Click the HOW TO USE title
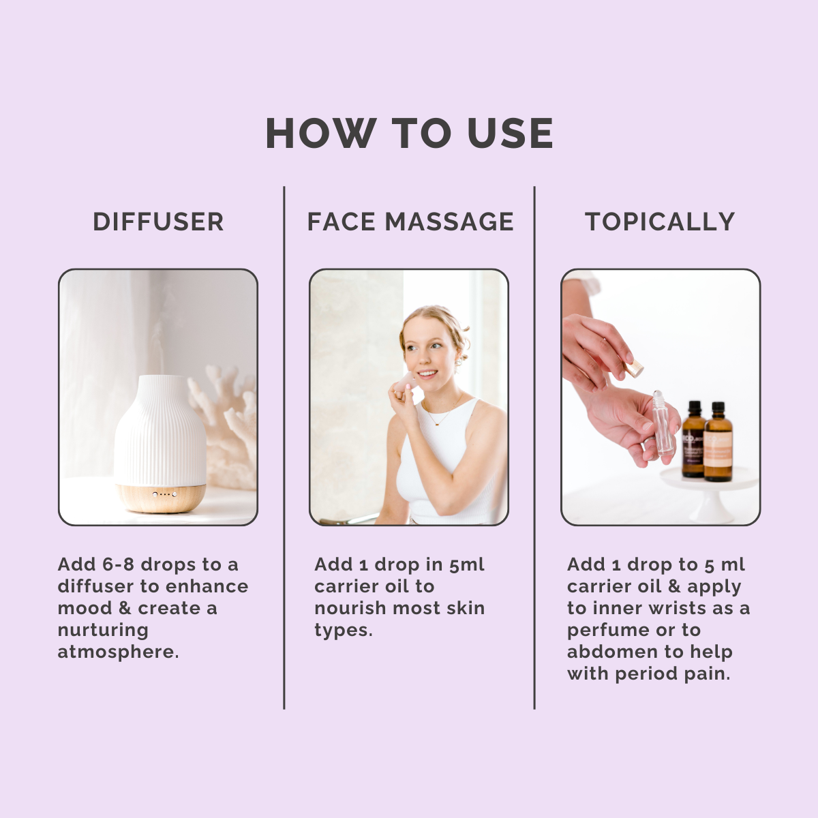coord(409,133)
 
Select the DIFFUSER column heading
coord(158,222)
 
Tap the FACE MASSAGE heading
coord(410,222)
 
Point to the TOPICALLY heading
coord(660,222)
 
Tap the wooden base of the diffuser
coord(161,498)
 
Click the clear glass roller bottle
coord(663,423)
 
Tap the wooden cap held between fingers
coord(634,369)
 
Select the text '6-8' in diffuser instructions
coord(119,565)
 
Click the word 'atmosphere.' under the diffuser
coord(118,652)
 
